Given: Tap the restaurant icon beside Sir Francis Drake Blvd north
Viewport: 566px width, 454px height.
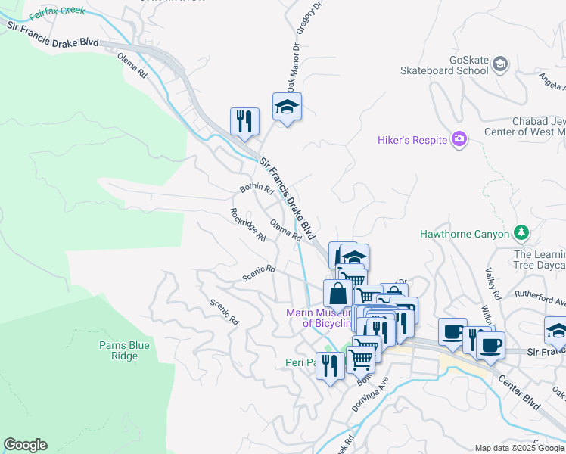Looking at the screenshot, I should [244, 121].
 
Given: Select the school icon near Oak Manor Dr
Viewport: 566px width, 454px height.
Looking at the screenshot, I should [287, 107].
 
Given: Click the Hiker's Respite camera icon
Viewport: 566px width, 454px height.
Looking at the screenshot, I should [459, 138].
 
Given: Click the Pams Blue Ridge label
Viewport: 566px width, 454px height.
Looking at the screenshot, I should [124, 350].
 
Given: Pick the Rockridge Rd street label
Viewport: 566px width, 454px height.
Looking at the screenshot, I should [247, 225].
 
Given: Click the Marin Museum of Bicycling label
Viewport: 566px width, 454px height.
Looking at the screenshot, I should [318, 318].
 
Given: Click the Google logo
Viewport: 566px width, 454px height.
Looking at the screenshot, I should [25, 445].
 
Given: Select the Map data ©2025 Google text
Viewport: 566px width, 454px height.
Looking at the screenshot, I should [520, 448].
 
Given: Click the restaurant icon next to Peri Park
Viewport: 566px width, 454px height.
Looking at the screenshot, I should [329, 366].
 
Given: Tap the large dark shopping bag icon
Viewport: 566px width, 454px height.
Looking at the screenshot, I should [337, 294].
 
